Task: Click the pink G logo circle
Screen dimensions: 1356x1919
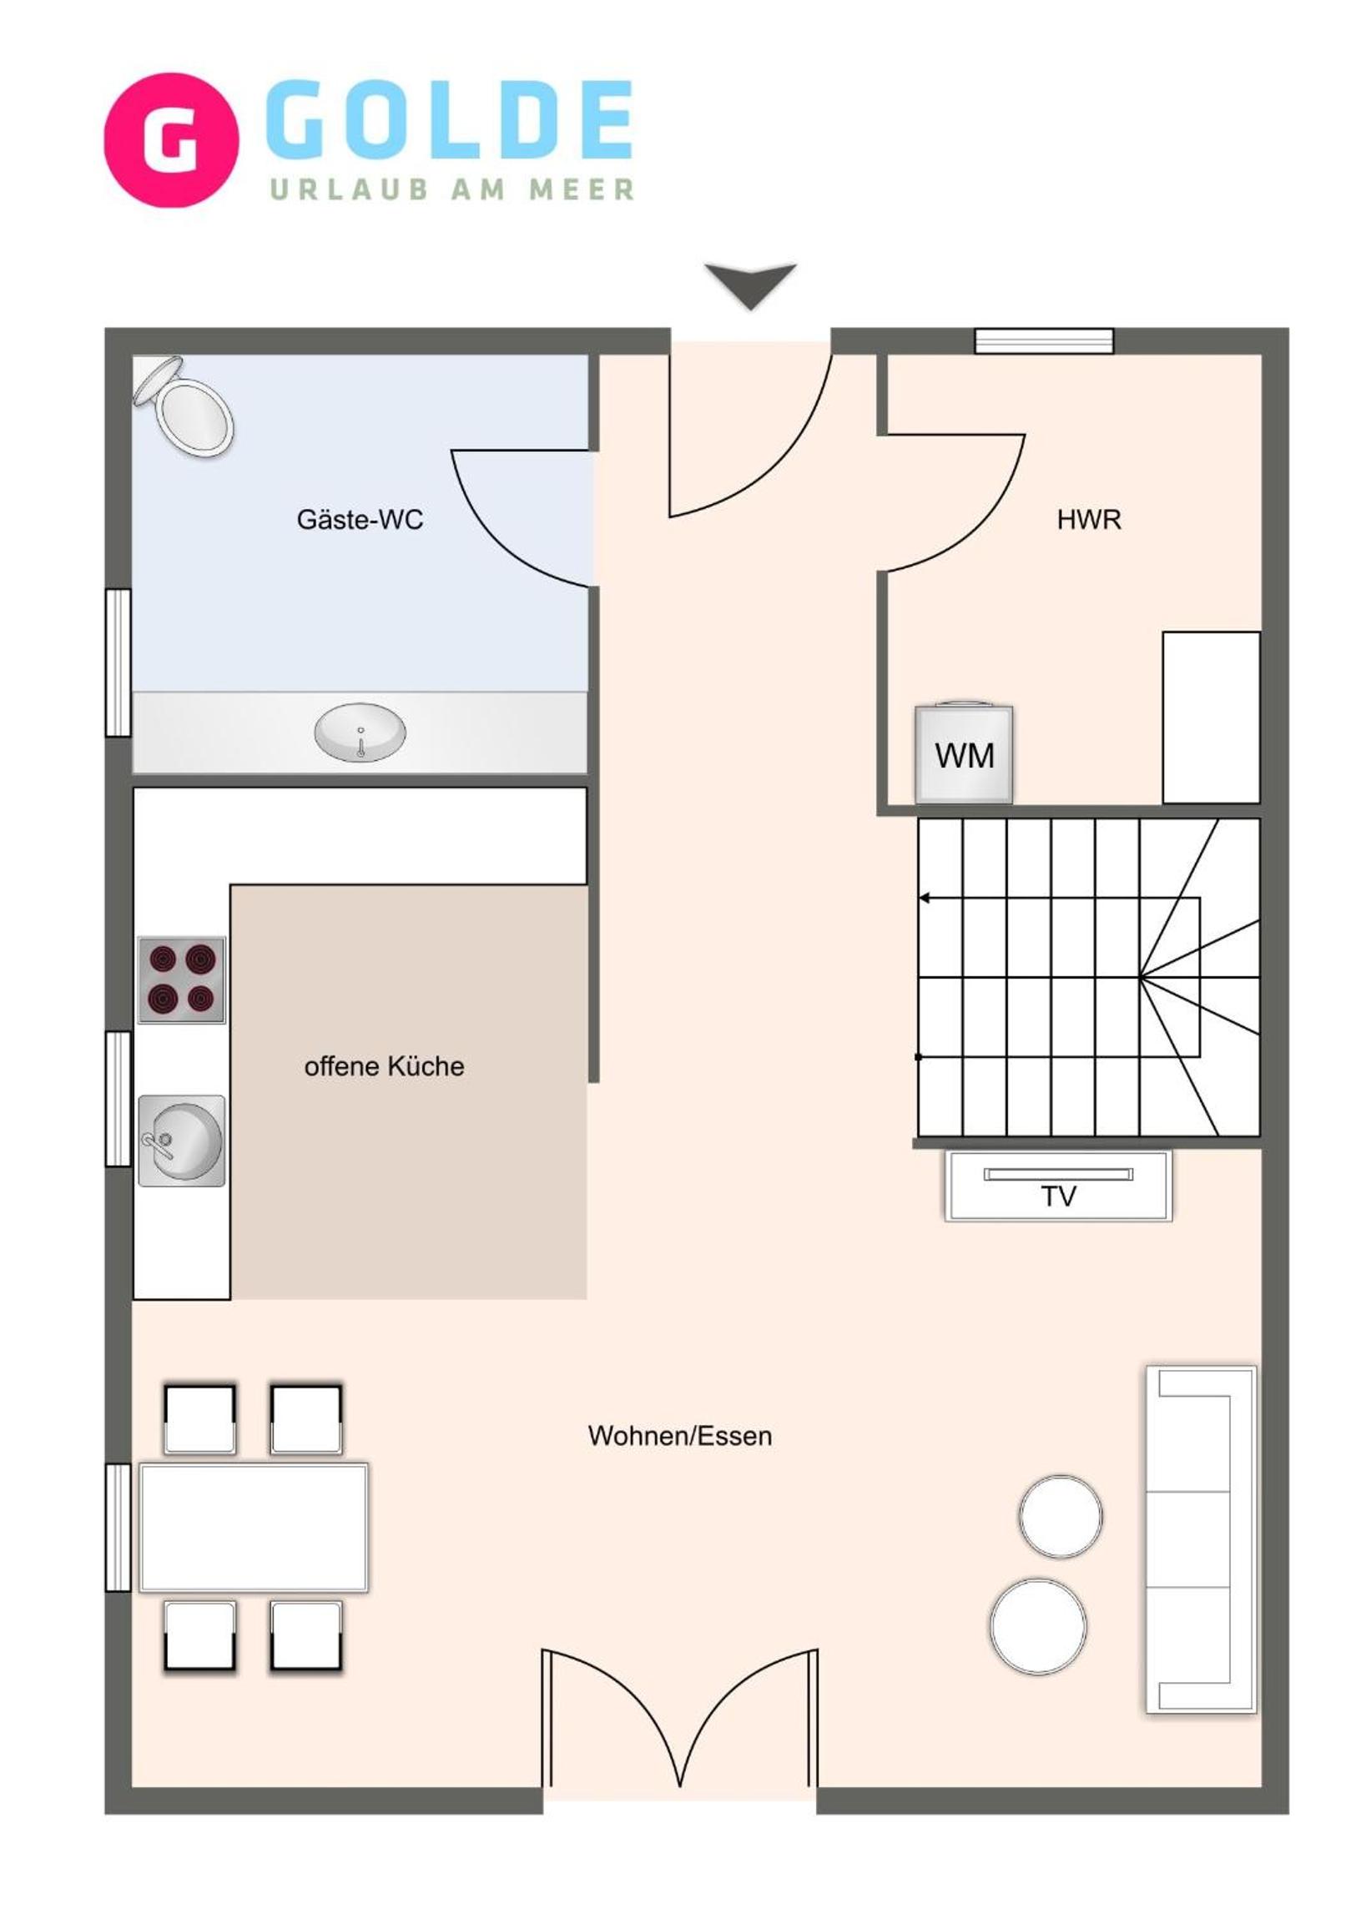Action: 171,139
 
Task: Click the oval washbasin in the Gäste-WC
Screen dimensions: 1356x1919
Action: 360,733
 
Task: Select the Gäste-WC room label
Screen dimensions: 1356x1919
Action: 360,520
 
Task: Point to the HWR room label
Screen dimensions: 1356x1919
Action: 1088,520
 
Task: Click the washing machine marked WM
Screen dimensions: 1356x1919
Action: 964,755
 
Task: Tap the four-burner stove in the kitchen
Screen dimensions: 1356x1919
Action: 181,980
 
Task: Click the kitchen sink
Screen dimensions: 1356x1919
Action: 181,1141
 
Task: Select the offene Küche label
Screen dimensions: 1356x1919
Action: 385,1066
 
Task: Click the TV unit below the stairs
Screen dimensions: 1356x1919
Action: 1058,1186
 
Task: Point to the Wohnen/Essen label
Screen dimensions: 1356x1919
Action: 680,1436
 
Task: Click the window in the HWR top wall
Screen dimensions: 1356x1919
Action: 1044,341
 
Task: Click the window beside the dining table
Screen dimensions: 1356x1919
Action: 118,1527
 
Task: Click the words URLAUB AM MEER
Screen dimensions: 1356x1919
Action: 451,189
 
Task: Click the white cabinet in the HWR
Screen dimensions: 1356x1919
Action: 1212,718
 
